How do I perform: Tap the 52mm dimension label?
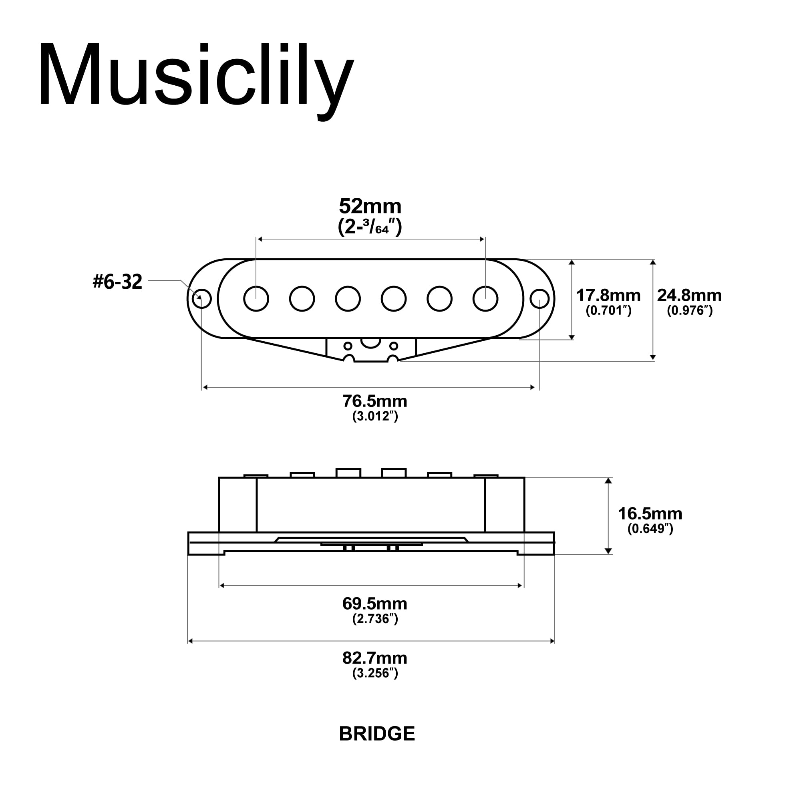pyautogui.click(x=370, y=206)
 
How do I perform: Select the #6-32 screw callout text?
pyautogui.click(x=117, y=282)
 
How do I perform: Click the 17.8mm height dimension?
pyautogui.click(x=608, y=295)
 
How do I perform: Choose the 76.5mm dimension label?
pyautogui.click(x=375, y=401)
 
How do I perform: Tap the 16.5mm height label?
pyautogui.click(x=650, y=514)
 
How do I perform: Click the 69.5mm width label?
pyautogui.click(x=375, y=604)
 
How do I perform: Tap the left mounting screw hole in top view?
pyautogui.click(x=201, y=298)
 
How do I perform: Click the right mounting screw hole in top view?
pyautogui.click(x=539, y=298)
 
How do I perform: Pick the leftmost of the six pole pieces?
pyautogui.click(x=256, y=298)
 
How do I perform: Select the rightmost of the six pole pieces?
pyautogui.click(x=485, y=298)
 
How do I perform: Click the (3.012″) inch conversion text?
pyautogui.click(x=375, y=416)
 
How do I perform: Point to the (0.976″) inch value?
pyautogui.click(x=690, y=310)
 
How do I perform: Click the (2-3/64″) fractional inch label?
pyautogui.click(x=370, y=226)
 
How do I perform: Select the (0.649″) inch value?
pyautogui.click(x=650, y=529)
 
